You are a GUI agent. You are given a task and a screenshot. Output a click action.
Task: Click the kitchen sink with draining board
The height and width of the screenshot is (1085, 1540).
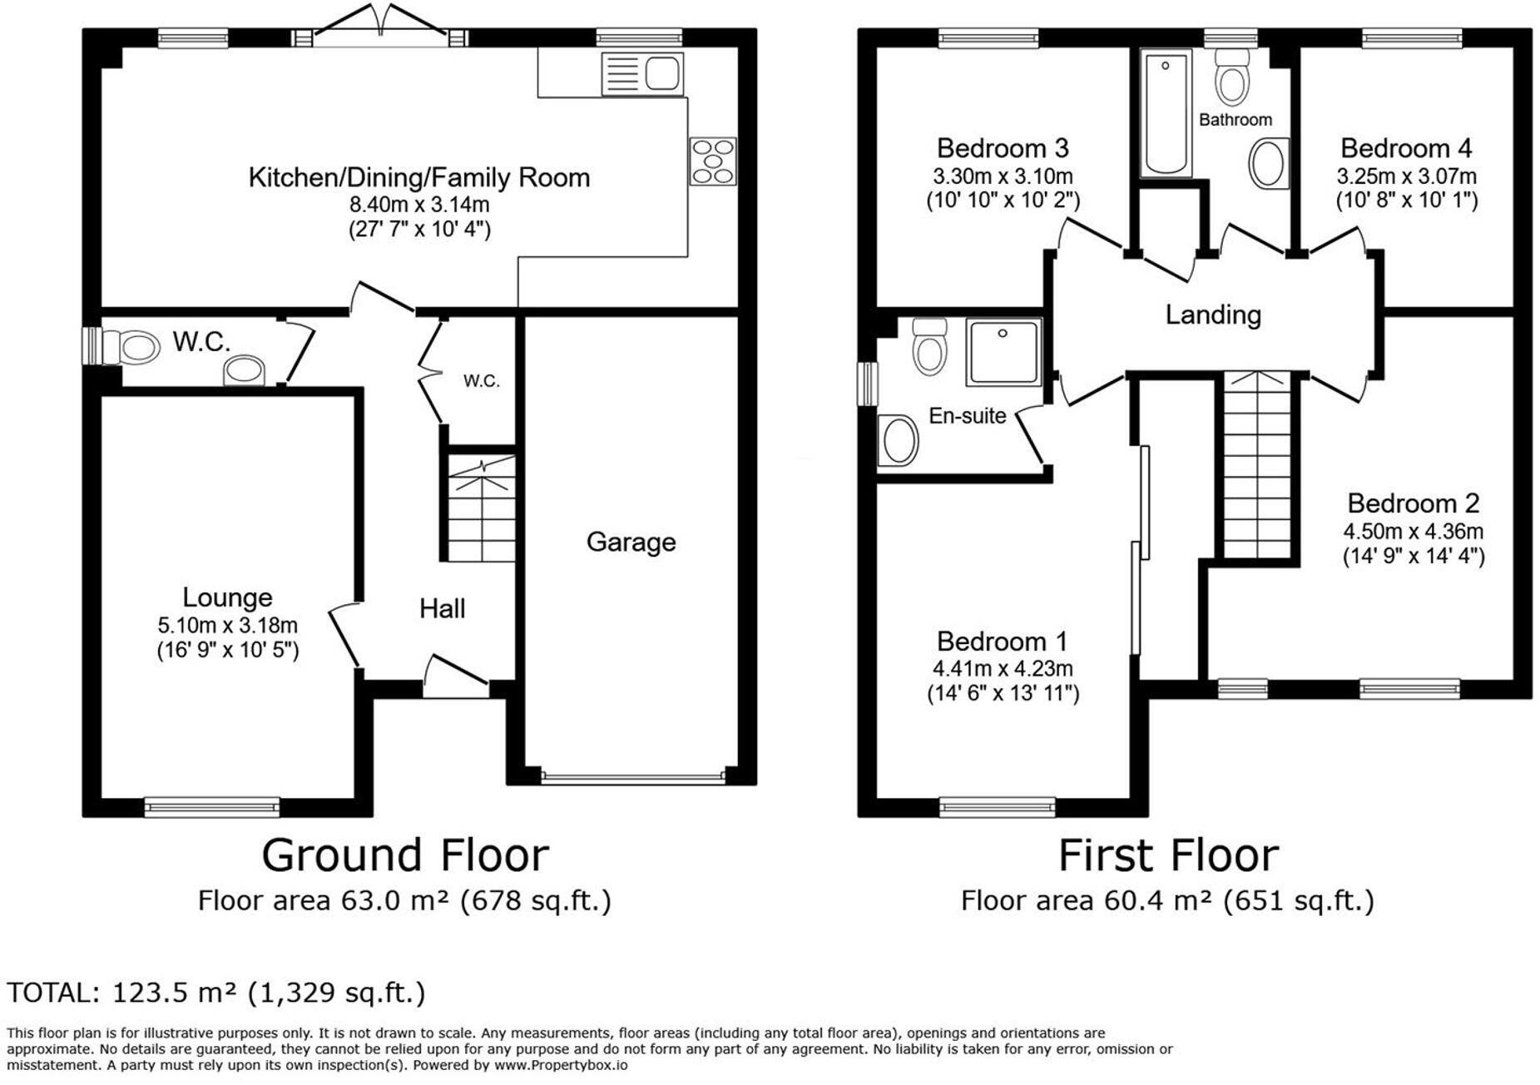[641, 73]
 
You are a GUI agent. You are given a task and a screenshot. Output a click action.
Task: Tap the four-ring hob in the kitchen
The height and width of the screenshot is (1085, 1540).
[713, 161]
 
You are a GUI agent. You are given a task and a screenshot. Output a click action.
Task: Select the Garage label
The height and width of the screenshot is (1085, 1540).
[631, 542]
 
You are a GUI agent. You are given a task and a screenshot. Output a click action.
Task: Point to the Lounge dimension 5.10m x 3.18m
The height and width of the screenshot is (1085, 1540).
[227, 625]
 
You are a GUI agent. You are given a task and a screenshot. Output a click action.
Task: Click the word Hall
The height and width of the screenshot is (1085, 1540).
[442, 608]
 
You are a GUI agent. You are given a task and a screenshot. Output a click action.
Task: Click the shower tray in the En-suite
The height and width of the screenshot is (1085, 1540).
[1003, 352]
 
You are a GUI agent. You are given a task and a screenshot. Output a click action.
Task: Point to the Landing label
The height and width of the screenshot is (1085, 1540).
[1212, 315]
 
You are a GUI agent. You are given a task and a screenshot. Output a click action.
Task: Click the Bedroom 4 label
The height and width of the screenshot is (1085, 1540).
[1405, 148]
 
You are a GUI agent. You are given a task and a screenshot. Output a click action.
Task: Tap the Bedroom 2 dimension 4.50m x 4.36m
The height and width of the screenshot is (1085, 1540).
[1413, 531]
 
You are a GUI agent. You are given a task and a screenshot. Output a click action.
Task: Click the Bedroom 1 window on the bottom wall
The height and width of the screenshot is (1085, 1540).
[997, 805]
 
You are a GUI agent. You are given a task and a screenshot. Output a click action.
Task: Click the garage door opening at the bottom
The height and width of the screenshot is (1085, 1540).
[632, 779]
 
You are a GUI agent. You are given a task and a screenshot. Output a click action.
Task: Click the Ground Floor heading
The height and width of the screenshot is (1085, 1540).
[405, 855]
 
